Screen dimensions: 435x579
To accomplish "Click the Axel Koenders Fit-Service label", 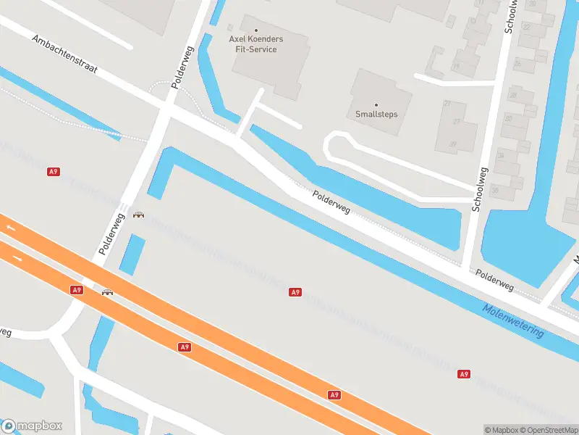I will pyautogui.click(x=257, y=43).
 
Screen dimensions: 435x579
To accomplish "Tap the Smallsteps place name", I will pyautogui.click(x=376, y=114).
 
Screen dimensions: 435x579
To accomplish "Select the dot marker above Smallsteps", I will pyautogui.click(x=376, y=104).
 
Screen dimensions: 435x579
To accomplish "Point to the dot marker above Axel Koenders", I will pyautogui.click(x=256, y=30).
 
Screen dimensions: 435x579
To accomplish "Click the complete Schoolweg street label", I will pyautogui.click(x=480, y=188).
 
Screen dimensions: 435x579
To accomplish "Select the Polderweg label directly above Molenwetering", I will pyautogui.click(x=495, y=281).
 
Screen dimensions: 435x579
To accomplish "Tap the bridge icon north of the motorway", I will pyautogui.click(x=138, y=214).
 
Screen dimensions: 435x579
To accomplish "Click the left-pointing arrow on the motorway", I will pyautogui.click(x=11, y=228).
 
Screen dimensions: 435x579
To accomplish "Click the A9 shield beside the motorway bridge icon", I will pyautogui.click(x=77, y=290).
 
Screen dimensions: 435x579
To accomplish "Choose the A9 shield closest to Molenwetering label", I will pyautogui.click(x=464, y=374).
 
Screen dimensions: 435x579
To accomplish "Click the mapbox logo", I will pyautogui.click(x=32, y=426).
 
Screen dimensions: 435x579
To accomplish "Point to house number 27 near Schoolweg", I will pyautogui.click(x=457, y=121).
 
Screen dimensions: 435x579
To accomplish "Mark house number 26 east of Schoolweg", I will pyautogui.click(x=517, y=63).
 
